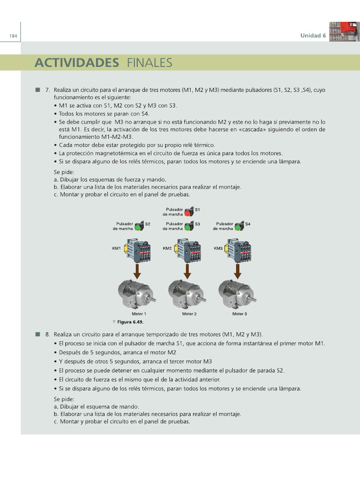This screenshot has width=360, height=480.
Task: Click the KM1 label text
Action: [x=116, y=248]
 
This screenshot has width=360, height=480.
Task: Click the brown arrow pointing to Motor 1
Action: [x=137, y=270]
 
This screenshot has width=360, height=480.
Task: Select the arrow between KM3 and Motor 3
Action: [x=238, y=270]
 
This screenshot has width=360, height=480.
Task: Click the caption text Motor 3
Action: [x=239, y=314]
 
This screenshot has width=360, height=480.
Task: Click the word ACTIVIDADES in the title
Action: [x=76, y=62]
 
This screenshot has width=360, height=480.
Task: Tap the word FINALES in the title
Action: [x=149, y=62]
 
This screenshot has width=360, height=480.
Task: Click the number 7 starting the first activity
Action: [x=47, y=90]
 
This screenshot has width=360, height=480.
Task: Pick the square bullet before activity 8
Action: [x=37, y=334]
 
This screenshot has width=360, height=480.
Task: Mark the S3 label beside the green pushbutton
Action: [x=197, y=224]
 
